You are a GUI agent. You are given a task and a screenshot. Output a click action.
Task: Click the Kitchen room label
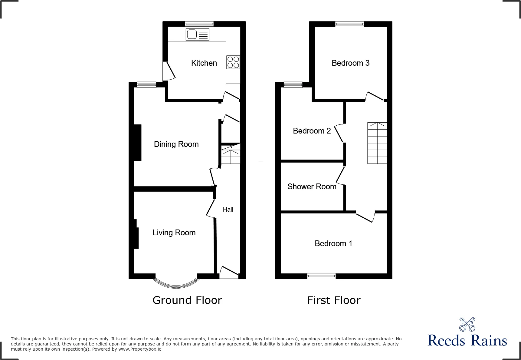click(204, 63)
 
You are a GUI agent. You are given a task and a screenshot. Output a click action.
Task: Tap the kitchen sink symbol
click(197, 35)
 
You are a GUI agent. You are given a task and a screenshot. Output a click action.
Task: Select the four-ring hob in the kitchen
click(233, 62)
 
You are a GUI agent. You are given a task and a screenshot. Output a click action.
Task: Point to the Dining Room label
click(176, 144)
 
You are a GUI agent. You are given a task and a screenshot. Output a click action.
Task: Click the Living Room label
click(174, 233)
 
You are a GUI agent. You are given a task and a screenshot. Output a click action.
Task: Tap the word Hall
click(228, 210)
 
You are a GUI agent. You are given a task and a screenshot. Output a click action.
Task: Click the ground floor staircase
click(231, 154)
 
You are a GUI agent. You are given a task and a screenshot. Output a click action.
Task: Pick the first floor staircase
click(377, 143)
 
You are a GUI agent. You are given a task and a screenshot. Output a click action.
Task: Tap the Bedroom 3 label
click(350, 63)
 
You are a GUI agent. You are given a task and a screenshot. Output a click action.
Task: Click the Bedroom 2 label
click(312, 131)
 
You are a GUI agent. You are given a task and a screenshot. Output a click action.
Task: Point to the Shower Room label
click(312, 187)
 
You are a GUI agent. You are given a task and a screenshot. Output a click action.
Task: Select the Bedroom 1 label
click(333, 243)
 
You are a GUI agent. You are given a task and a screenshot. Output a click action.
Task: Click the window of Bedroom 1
click(321, 276)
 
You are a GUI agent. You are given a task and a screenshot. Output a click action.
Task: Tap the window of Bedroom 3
click(349, 24)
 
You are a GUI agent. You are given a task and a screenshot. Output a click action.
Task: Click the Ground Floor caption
click(187, 300)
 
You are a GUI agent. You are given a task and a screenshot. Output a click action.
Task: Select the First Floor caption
click(334, 300)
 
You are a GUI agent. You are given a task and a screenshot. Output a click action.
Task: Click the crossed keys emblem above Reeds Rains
click(467, 324)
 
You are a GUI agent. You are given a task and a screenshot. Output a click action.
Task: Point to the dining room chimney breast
click(138, 143)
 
